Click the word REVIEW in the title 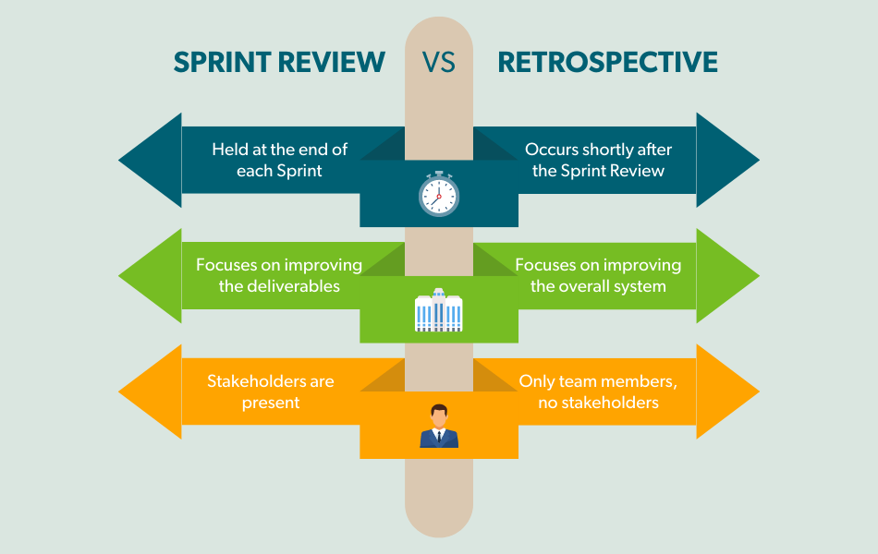(333, 62)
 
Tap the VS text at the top (440, 62)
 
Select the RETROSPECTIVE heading (607, 62)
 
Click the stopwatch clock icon (438, 194)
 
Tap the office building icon (438, 310)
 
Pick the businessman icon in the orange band (438, 427)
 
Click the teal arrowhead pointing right (727, 160)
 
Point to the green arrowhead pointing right (727, 276)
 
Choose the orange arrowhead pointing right (727, 391)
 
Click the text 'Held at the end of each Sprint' (279, 160)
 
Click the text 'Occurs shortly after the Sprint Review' (598, 160)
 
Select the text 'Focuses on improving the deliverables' (279, 275)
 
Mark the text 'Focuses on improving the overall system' (598, 275)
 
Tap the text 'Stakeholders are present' (271, 391)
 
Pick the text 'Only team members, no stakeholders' (598, 391)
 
